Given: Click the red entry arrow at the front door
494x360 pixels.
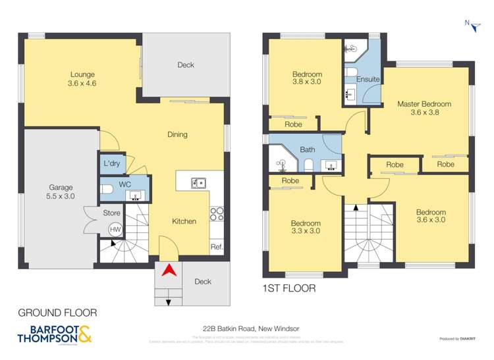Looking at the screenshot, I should [169, 269].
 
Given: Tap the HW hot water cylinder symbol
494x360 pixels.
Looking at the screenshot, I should [115, 229].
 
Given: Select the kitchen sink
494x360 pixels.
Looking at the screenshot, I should [198, 182].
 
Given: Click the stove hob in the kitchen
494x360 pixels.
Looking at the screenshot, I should [217, 214].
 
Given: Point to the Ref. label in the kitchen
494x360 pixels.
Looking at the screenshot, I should [217, 247].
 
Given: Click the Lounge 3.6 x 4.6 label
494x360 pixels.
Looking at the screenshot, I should [82, 80].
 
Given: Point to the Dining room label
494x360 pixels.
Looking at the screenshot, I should [177, 134].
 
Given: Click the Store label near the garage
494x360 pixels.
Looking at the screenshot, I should [111, 212].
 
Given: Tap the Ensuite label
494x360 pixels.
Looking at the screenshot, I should [368, 80].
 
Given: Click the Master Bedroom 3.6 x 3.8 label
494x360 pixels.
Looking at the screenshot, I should [424, 108].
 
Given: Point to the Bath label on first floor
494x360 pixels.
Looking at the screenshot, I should [308, 150].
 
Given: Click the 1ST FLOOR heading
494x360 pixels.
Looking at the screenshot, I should [289, 288].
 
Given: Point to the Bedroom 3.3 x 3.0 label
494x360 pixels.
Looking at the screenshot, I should [306, 227].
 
